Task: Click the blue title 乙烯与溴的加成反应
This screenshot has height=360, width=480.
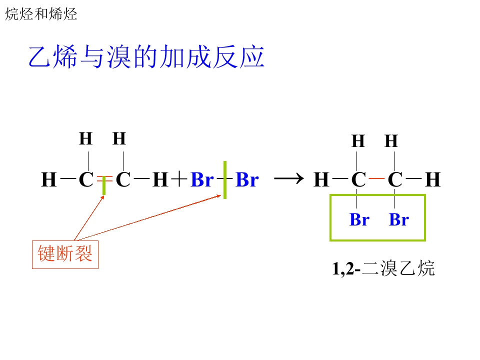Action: tap(146, 56)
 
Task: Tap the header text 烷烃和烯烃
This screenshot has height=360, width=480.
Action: tap(41, 14)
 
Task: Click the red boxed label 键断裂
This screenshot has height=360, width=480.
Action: tap(65, 254)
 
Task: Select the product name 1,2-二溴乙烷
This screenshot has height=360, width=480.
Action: tap(383, 268)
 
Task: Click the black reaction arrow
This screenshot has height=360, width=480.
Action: tap(288, 178)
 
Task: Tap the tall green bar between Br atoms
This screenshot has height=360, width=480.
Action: tap(225, 180)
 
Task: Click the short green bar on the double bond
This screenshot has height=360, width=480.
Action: tap(104, 185)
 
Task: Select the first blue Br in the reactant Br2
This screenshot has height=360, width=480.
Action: tap(202, 179)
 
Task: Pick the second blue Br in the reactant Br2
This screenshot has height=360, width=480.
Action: tap(247, 179)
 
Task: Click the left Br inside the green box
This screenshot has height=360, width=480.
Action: tap(359, 219)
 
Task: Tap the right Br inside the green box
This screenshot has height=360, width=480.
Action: tap(399, 219)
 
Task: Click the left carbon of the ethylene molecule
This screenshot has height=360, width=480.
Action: tap(86, 179)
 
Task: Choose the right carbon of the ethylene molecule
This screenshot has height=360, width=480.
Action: tap(123, 179)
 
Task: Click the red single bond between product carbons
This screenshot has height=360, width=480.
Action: tap(377, 178)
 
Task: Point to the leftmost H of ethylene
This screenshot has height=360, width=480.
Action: tap(49, 179)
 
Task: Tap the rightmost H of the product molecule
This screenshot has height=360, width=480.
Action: tap(433, 179)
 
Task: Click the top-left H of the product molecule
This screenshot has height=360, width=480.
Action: tap(358, 141)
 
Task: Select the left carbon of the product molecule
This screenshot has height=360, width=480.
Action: tap(358, 179)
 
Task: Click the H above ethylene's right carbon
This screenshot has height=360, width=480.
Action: tap(119, 138)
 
